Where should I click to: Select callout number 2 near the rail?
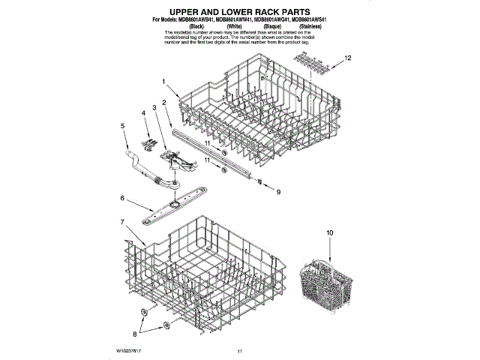click(164, 101)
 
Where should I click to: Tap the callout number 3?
click(154, 108)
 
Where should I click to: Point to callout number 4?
click(142, 113)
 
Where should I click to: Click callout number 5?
click(123, 126)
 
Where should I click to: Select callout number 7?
click(121, 222)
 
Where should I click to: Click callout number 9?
click(278, 193)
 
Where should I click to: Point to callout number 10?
click(328, 233)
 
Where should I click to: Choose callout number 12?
click(347, 58)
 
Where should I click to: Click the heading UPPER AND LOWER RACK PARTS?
click(239, 13)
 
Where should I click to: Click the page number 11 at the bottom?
click(239, 351)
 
